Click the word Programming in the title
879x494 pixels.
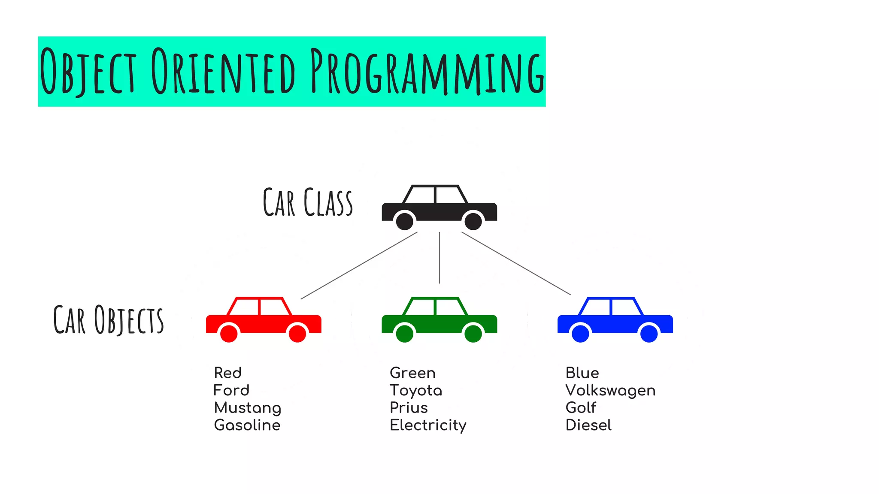427,72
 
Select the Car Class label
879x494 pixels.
308,202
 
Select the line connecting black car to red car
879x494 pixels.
359,266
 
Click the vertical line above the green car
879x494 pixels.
439,258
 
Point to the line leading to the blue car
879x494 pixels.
516,263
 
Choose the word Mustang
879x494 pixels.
248,408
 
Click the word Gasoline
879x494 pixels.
247,425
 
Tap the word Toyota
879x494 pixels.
415,391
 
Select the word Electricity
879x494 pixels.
428,425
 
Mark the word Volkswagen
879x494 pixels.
610,391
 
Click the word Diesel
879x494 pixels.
588,425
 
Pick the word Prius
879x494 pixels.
409,407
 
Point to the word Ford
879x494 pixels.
231,390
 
